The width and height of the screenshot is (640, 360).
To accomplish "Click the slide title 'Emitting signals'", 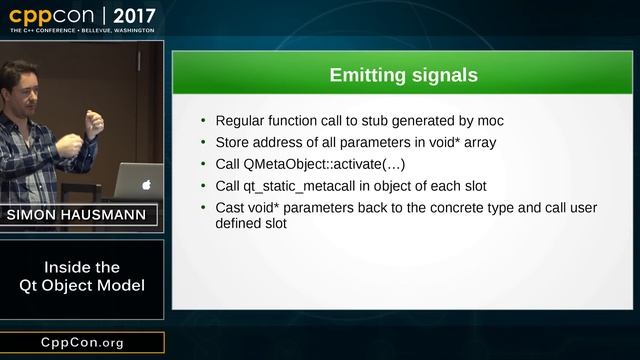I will [x=404, y=75].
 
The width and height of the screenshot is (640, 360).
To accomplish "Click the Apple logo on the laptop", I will [x=146, y=185].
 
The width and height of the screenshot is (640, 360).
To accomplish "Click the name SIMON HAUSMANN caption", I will [x=82, y=215].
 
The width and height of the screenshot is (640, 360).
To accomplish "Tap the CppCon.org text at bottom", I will [x=82, y=342].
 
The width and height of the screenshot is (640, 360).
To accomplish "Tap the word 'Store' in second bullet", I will [x=233, y=143].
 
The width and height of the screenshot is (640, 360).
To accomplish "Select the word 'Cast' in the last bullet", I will [x=231, y=207].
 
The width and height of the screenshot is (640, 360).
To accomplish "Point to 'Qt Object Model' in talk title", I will [x=82, y=286].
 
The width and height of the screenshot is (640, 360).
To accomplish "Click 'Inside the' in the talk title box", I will [x=82, y=267].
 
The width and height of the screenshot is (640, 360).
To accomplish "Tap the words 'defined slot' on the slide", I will [x=251, y=224].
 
